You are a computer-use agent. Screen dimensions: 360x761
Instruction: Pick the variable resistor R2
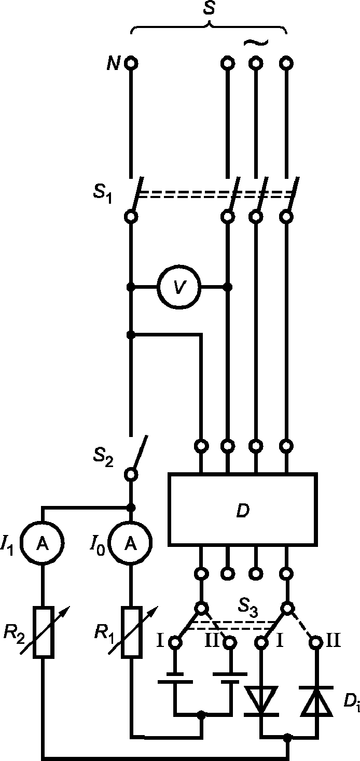click(43, 632)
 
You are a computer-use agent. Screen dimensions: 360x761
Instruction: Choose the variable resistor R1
click(132, 632)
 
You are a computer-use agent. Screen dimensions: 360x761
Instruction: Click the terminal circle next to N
click(131, 63)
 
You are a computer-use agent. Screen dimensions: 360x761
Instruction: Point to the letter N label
click(113, 63)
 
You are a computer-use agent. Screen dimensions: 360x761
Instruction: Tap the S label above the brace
click(209, 8)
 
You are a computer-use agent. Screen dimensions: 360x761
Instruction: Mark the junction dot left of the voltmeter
click(130, 287)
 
